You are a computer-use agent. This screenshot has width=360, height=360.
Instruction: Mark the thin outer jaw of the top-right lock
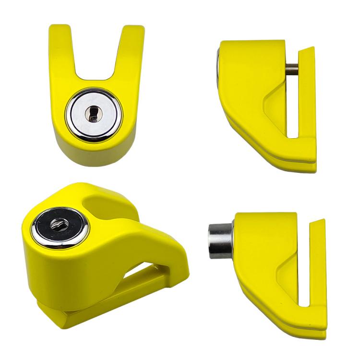(307, 96)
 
